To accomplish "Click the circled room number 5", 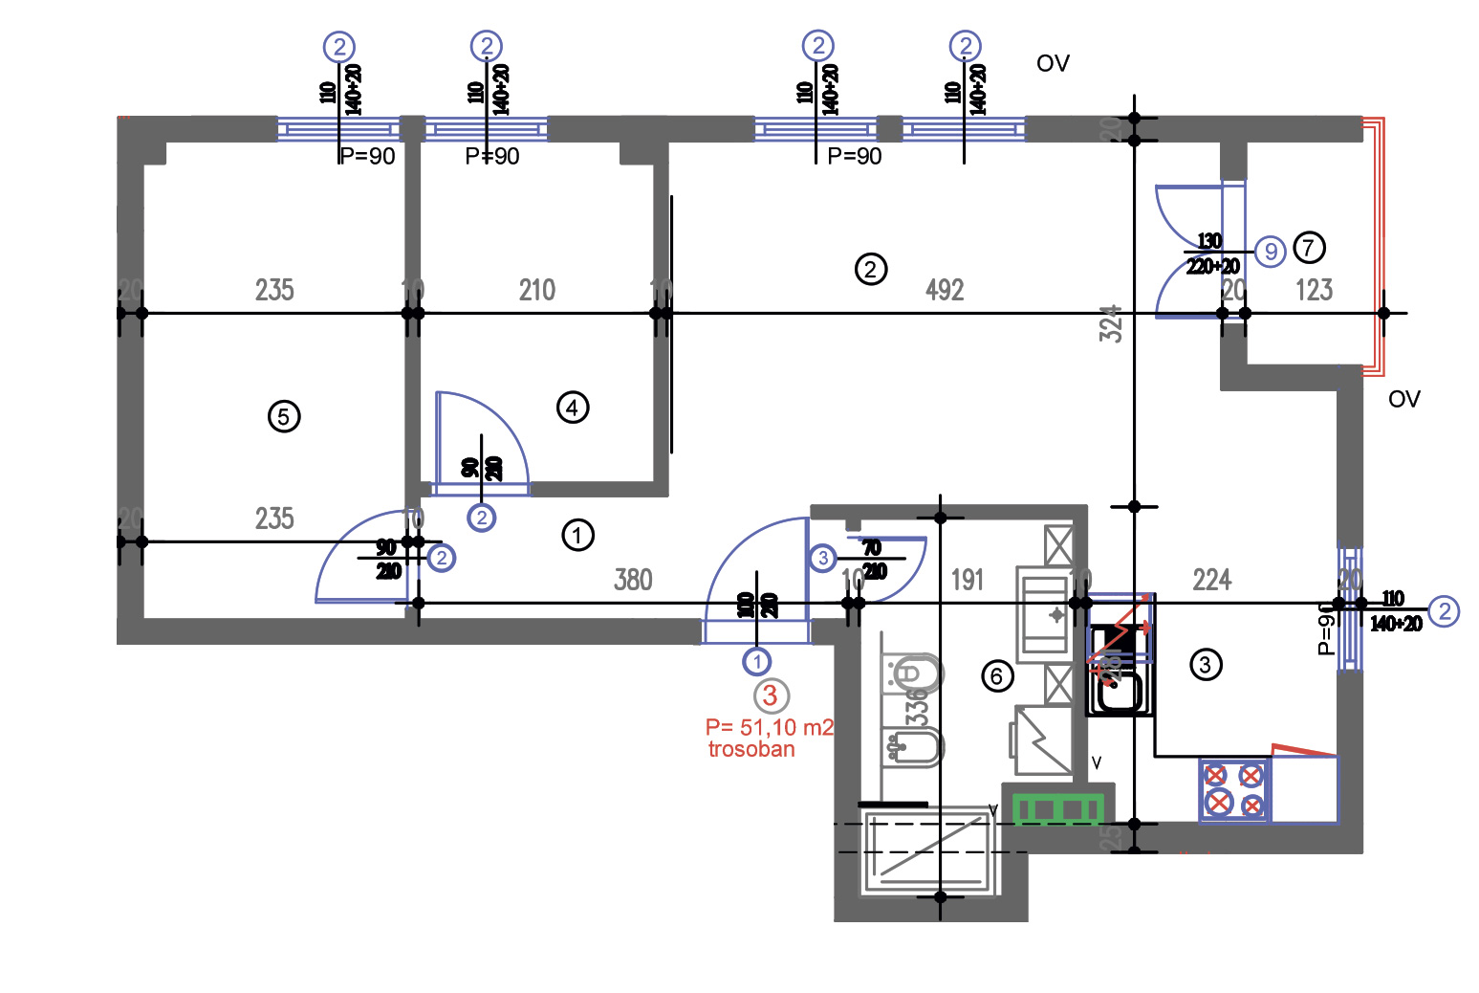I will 283,417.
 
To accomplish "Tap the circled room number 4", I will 572,408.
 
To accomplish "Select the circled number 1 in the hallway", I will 577,535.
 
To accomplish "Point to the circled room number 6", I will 996,677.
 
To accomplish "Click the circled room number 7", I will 1309,248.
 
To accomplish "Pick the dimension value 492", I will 945,290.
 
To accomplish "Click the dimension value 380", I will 633,580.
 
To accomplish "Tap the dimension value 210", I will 536,290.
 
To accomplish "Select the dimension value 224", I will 1211,580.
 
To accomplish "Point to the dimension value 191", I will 968,580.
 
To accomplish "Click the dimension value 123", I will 1314,290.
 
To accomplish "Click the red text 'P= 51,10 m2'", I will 769,728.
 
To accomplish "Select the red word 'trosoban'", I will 751,750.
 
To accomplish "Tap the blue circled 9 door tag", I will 1270,252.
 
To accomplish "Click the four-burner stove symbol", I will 1234,789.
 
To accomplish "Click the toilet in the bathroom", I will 912,674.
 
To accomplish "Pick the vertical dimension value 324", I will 1110,324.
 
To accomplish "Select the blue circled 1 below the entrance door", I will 756,661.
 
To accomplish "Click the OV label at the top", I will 1053,64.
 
